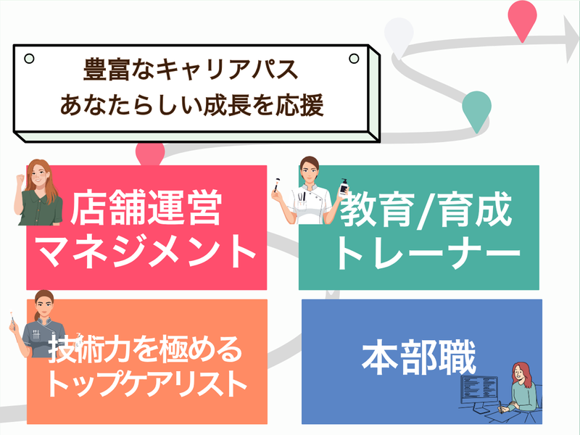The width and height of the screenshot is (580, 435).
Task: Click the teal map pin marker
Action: click(476, 110)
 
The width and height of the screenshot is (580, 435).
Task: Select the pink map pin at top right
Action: click(522, 20)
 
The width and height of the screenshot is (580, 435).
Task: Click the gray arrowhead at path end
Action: click(571, 39)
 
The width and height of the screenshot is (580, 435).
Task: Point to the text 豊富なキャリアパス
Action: click(191, 69)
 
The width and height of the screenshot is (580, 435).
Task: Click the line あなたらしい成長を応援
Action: click(192, 104)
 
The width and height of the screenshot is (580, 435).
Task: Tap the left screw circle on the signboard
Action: click(29, 59)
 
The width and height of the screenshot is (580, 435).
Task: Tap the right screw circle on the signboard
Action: click(354, 59)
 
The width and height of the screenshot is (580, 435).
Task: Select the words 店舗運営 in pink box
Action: click(146, 207)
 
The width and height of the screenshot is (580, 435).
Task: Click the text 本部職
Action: click(419, 357)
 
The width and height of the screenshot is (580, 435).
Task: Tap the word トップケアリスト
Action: click(147, 383)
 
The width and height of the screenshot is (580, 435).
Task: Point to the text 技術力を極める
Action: click(146, 349)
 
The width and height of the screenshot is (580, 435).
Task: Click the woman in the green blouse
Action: click(38, 192)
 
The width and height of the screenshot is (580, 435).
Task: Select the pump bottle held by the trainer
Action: click(344, 188)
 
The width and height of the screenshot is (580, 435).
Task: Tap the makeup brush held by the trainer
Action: click(276, 185)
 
